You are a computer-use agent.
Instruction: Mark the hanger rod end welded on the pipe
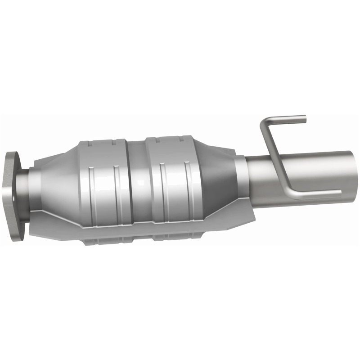click(338, 193)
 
